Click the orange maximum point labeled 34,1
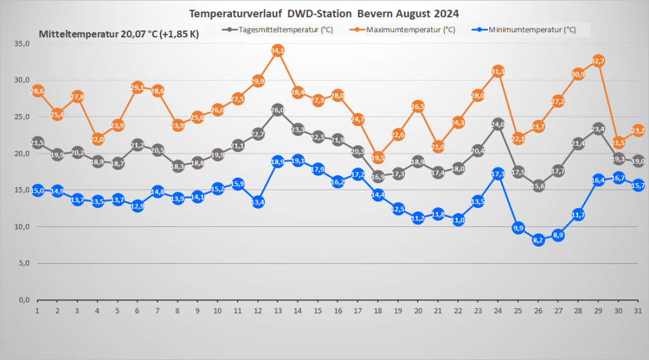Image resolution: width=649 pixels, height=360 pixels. tap(277, 50)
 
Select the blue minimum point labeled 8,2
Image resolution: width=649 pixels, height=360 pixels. tap(538, 240)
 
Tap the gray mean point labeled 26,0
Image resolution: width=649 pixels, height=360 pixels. tap(277, 110)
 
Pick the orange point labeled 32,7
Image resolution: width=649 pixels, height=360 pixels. tap(598, 61)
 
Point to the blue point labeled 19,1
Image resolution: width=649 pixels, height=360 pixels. tap(297, 160)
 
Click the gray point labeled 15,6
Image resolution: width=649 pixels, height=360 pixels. tap(538, 186)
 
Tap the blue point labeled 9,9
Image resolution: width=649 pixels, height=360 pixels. tap(518, 228)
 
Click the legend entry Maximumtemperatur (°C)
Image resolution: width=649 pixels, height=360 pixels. tap(410, 29)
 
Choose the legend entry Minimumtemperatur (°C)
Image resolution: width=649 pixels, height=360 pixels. tap(532, 29)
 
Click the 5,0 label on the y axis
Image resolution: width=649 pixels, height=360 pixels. tap(24, 264)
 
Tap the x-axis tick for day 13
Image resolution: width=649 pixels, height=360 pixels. tap(277, 311)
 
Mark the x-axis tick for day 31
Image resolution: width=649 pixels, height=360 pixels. tap(638, 311)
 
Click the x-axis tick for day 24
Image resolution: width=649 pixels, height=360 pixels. tap(498, 311)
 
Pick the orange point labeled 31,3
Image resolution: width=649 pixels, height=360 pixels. tap(498, 71)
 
